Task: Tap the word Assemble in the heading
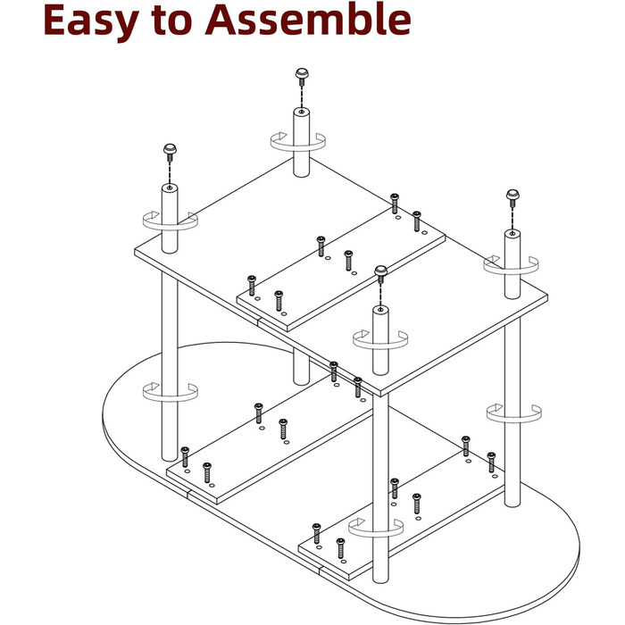[308, 19]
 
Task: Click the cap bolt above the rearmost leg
[302, 77]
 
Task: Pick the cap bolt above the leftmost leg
[170, 153]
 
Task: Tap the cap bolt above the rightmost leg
[512, 197]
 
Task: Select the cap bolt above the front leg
[381, 274]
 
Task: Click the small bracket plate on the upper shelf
[341, 269]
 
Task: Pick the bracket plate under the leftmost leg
[270, 439]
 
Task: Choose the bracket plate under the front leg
[402, 513]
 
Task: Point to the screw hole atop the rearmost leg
[302, 112]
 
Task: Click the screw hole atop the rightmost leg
[512, 233]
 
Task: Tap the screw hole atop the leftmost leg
[170, 187]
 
